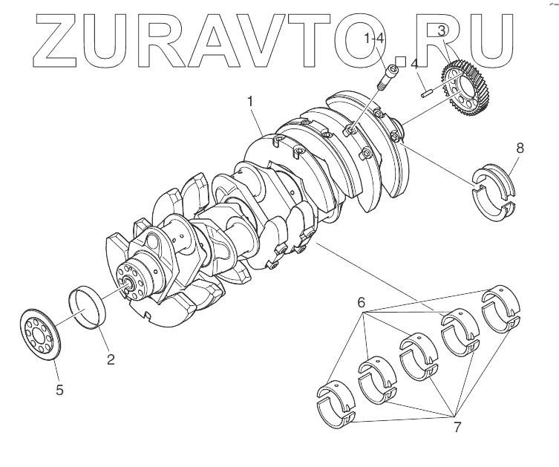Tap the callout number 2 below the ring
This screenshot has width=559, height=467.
pos(110,360)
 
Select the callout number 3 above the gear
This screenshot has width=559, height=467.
pos(442,30)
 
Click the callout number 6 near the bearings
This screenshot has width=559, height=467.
pos(362,302)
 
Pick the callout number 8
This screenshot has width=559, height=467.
pos(520,148)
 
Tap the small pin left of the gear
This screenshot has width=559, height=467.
pos(426,93)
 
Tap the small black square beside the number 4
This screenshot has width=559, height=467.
pos(400,61)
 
